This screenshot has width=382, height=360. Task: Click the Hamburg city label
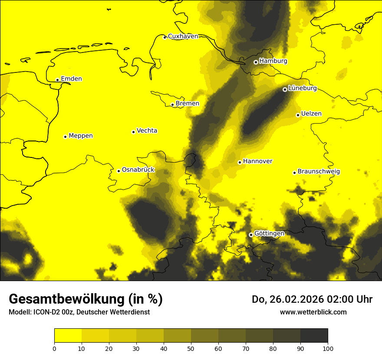click(x=273, y=61)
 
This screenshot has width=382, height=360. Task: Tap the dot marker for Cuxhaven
click(x=165, y=37)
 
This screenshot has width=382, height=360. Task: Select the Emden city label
click(x=71, y=79)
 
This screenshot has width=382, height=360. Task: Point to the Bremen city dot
click(x=172, y=105)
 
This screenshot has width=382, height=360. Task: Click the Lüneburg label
click(x=302, y=88)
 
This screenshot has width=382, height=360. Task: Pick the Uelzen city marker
click(x=298, y=115)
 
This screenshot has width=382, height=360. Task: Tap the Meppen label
click(x=81, y=136)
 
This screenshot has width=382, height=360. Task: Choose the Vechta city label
click(x=147, y=131)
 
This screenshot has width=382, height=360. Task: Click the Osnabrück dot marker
click(x=119, y=171)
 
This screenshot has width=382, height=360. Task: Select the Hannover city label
click(x=257, y=161)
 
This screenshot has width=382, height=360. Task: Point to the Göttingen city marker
click(x=250, y=235)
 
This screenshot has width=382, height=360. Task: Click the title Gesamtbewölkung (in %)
click(x=86, y=299)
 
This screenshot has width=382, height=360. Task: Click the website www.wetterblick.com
click(x=313, y=312)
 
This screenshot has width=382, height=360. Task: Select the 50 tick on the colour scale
click(x=191, y=348)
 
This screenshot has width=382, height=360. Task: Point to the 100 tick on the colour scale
click(x=328, y=348)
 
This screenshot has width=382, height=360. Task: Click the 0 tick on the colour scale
click(x=54, y=348)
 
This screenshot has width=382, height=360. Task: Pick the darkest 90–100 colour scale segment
click(x=314, y=335)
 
